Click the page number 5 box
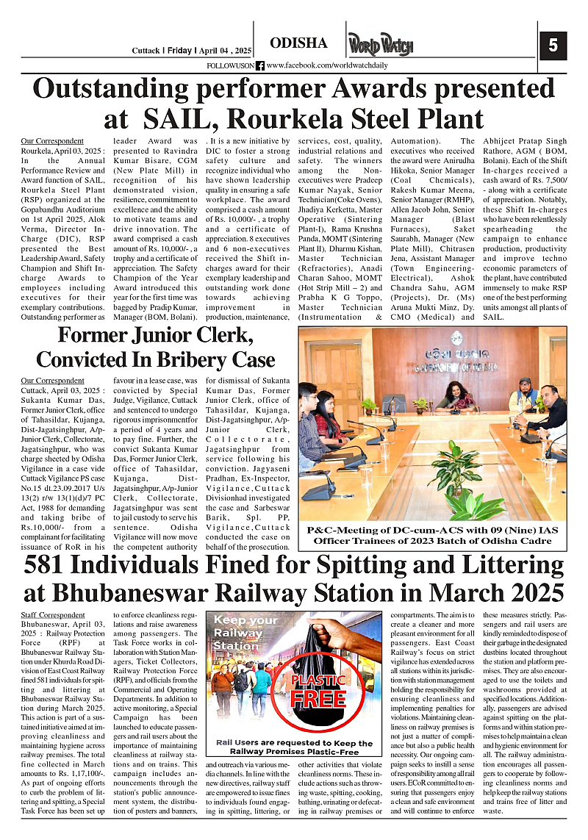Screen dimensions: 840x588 point(553,46)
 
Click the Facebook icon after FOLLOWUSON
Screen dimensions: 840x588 point(260,65)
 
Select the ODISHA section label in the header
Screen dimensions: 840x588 point(298,43)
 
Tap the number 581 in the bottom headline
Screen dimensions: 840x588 point(54,567)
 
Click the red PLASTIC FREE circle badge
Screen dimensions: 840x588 point(318,689)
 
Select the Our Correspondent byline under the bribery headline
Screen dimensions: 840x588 point(52,381)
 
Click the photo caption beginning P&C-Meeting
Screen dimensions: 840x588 point(432,535)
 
